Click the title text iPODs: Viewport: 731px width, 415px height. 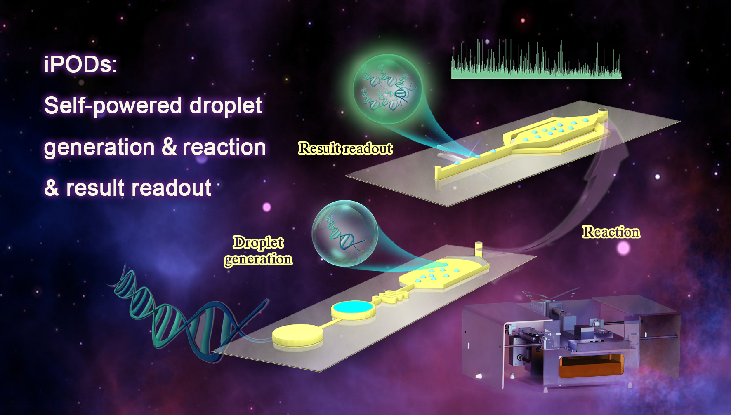point(81,65)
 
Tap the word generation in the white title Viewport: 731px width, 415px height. point(99,148)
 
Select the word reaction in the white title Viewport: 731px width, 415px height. point(224,147)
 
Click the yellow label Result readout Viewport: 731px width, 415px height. point(345,148)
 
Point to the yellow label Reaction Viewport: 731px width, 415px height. point(611,232)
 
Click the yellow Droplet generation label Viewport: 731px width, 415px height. point(258,251)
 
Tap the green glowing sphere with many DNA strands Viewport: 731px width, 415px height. point(387,89)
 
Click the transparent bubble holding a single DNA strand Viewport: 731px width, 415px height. point(345,233)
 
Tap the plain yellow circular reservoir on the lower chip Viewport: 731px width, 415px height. point(297,335)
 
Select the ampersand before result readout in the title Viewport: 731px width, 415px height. point(52,188)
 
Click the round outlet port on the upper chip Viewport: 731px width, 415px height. point(603,111)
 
